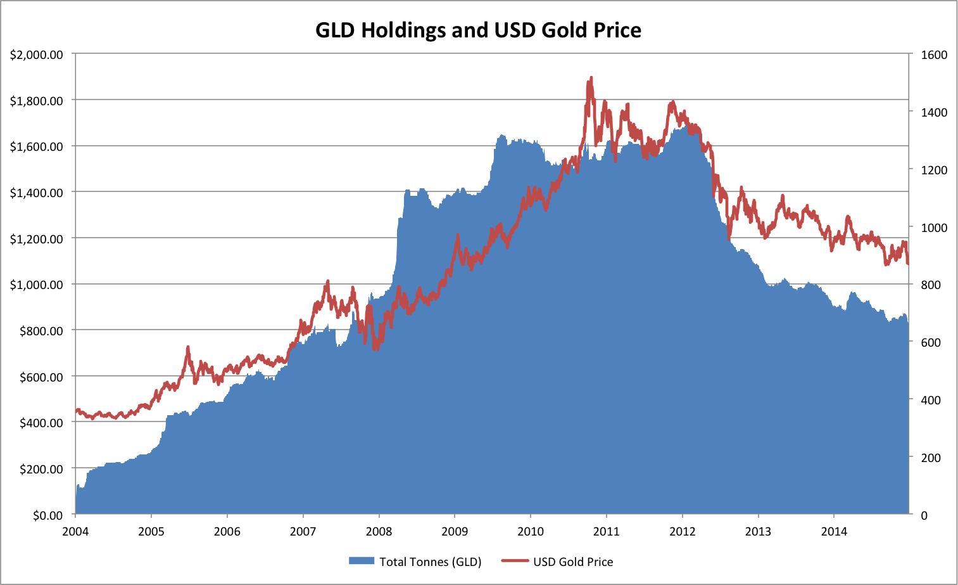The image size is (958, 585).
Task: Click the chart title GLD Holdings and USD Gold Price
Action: click(x=478, y=30)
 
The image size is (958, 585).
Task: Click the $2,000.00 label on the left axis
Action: click(x=36, y=55)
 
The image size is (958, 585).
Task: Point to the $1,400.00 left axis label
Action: click(x=36, y=193)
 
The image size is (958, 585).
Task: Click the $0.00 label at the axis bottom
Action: click(x=46, y=515)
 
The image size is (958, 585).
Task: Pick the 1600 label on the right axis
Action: click(x=934, y=55)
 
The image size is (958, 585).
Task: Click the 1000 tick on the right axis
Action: click(x=934, y=228)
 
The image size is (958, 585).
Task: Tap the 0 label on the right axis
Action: click(x=924, y=515)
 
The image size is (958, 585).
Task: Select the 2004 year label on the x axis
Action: click(x=75, y=531)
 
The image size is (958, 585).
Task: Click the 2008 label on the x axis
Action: click(x=379, y=531)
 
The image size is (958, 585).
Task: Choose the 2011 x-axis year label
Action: click(x=606, y=531)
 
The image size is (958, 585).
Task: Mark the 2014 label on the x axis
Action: click(x=834, y=531)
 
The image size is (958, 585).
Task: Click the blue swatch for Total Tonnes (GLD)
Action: click(x=362, y=562)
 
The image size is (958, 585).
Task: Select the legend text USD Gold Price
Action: click(x=572, y=562)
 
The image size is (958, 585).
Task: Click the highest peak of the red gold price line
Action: click(x=591, y=78)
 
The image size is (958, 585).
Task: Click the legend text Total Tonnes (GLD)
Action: click(x=430, y=562)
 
